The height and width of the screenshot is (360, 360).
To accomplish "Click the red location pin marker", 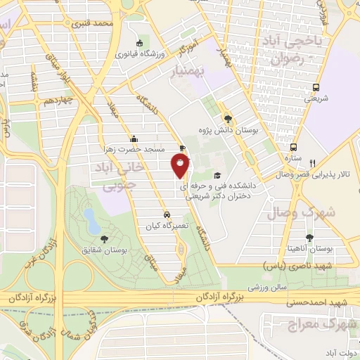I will (x=181, y=166).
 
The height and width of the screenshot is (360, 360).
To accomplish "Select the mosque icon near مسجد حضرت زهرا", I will (x=134, y=139).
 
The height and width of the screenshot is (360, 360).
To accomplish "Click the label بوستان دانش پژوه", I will (x=232, y=130).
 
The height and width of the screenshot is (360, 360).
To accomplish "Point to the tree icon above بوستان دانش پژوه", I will (x=226, y=118).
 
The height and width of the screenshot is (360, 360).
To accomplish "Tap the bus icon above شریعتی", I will (x=316, y=87).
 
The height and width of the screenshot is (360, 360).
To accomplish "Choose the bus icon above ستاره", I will (x=293, y=147).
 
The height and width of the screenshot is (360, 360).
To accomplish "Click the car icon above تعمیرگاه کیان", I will (x=167, y=214).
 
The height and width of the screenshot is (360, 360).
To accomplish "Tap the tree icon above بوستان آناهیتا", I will (x=309, y=237).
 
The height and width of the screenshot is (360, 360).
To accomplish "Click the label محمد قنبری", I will (x=97, y=25).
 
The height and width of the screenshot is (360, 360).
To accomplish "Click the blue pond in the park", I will (x=90, y=220).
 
